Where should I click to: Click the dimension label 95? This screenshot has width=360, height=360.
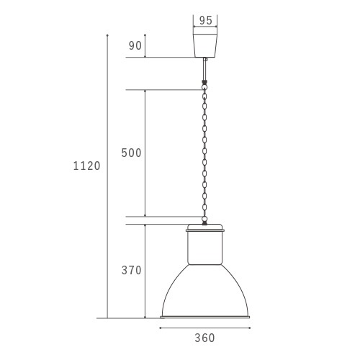[x=206, y=20]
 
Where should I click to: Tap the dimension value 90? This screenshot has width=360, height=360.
[x=135, y=45]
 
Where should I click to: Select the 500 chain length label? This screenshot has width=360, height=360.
[x=131, y=153]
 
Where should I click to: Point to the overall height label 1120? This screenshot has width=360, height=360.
[x=86, y=166]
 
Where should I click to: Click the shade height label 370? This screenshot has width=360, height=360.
[x=131, y=270]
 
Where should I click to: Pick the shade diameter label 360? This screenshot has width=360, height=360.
[x=204, y=338]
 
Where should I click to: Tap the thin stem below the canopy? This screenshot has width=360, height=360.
[x=204, y=69]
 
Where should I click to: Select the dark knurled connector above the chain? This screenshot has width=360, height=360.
[x=204, y=84]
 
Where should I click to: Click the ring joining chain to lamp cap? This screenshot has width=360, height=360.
[x=204, y=219]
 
